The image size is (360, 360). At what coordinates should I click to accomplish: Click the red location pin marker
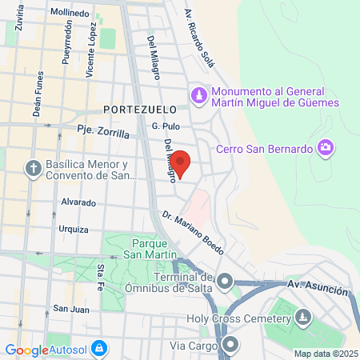click(x=182, y=163)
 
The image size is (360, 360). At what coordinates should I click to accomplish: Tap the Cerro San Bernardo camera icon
click(x=325, y=148)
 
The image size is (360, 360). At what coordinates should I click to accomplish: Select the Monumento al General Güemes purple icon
click(x=198, y=96)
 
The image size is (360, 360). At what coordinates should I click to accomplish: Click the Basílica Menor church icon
click(x=34, y=169)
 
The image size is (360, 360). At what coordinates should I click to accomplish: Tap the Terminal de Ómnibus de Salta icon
click(x=225, y=281)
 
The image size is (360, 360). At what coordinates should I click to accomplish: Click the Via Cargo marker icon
click(x=231, y=346)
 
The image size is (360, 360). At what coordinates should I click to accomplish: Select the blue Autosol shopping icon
click(x=99, y=349)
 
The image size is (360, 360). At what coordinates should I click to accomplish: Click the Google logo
click(x=26, y=350)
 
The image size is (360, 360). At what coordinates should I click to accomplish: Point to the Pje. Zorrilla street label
click(x=103, y=131)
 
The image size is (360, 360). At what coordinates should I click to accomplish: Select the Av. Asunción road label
click(x=317, y=284)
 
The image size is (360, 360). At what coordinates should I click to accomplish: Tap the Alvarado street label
click(x=78, y=202)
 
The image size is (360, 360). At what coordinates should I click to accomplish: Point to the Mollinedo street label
click(x=70, y=14)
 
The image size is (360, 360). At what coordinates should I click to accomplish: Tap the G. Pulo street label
click(x=166, y=126)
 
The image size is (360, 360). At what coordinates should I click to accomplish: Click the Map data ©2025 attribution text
click(x=324, y=354)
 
